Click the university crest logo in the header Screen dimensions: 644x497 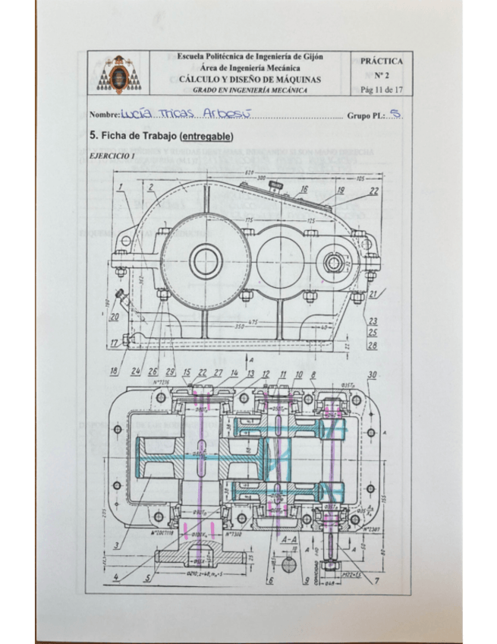tap(119, 74)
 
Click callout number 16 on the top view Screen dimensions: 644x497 tap(304, 188)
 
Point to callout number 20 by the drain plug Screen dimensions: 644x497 tap(115, 317)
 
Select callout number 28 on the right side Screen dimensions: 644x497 tap(373, 346)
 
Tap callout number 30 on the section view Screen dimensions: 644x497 tap(372, 375)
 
